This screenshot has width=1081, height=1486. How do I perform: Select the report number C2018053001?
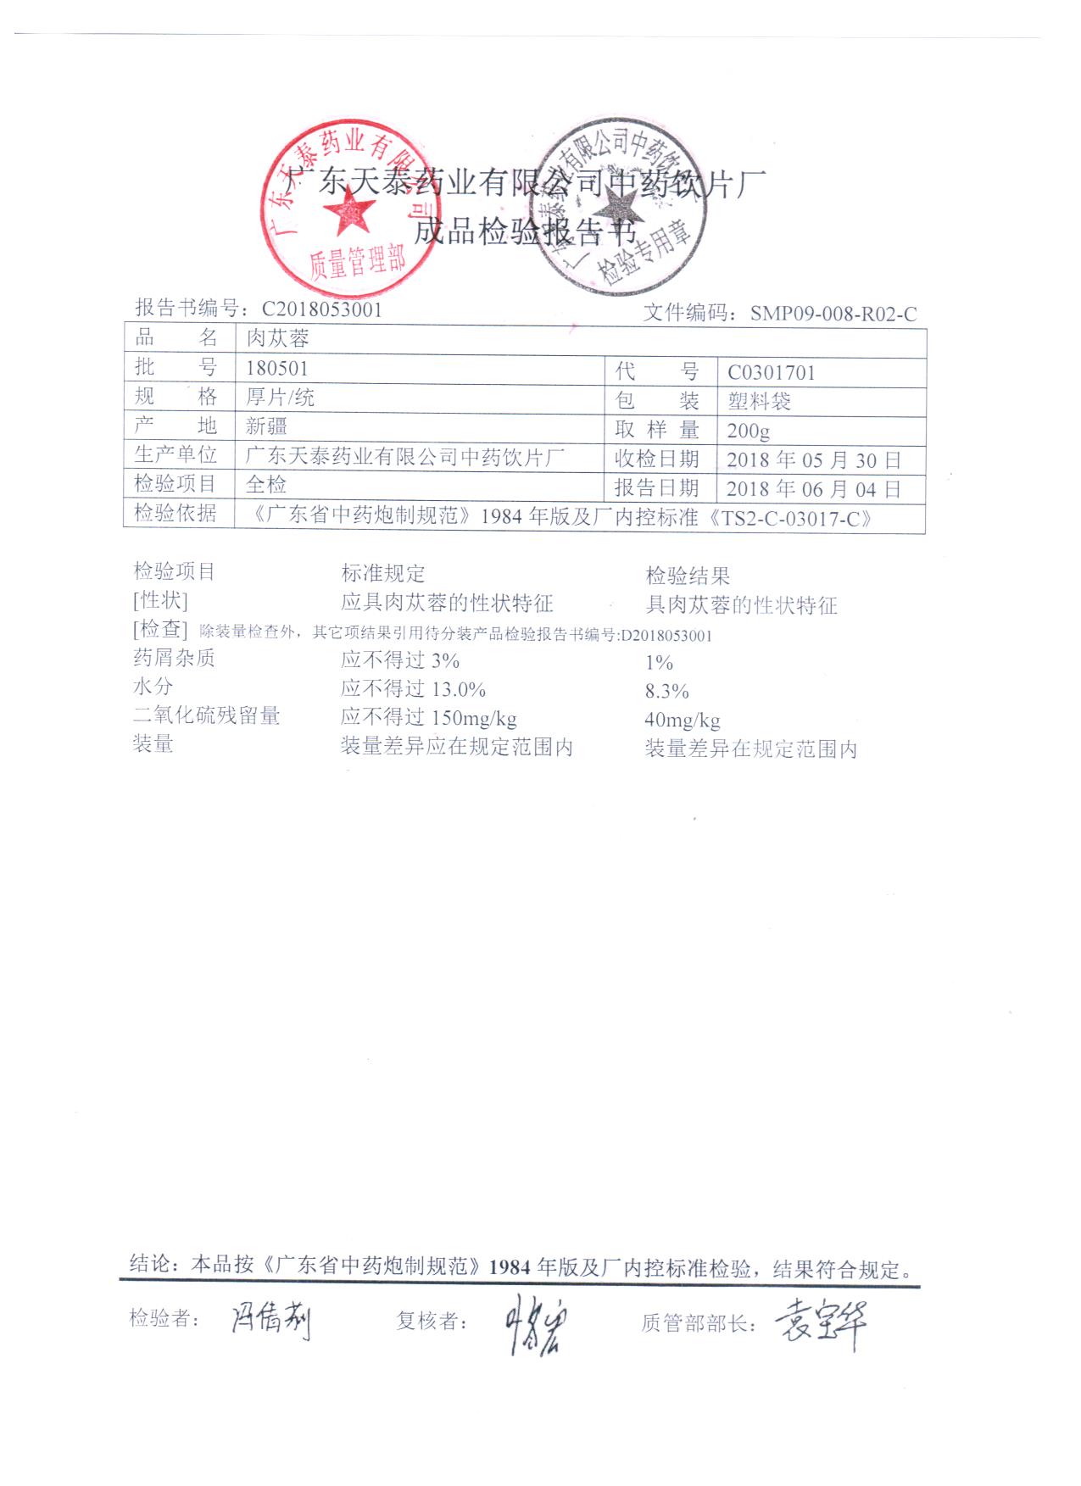(x=321, y=309)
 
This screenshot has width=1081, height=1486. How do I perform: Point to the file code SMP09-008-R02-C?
(x=833, y=314)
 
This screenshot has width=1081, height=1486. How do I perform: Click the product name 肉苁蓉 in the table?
(x=277, y=339)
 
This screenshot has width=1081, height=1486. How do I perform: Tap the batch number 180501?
(x=277, y=369)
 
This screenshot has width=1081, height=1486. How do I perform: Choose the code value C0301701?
(x=771, y=373)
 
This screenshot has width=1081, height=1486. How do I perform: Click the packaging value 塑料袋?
(x=759, y=401)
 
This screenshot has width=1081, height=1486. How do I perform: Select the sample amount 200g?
(x=748, y=431)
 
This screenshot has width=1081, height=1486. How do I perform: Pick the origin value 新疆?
(x=266, y=426)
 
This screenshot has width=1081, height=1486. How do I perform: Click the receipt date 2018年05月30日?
(x=813, y=460)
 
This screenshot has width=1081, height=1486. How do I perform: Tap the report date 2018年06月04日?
(x=813, y=489)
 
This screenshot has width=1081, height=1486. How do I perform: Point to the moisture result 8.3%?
(x=666, y=692)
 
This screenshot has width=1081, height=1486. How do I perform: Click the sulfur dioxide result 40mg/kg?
(x=682, y=721)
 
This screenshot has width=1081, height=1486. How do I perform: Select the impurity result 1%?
(x=659, y=663)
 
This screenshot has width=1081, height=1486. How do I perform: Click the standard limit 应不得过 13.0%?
(x=413, y=689)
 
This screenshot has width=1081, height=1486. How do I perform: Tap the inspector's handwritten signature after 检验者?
(x=271, y=1320)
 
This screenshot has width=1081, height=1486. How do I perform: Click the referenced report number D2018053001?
(x=666, y=636)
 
